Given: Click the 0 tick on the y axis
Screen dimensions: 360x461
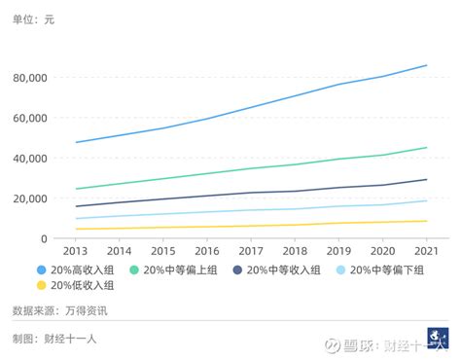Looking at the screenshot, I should (x=59, y=238).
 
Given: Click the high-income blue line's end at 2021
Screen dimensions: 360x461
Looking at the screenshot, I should (x=426, y=65).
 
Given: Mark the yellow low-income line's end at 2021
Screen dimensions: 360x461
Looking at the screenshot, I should (x=426, y=221).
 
